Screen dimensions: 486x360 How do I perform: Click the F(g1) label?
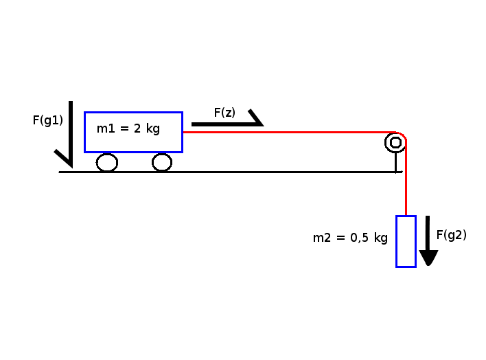(x=48, y=120)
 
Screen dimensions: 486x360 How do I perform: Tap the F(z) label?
(x=224, y=113)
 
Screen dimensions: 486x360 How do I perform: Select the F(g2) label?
(x=451, y=235)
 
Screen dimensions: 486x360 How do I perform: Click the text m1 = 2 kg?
(x=128, y=128)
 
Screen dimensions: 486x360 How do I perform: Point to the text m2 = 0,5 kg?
(x=350, y=238)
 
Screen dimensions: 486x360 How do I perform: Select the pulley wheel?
(x=385, y=143)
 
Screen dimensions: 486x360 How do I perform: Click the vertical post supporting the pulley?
(x=396, y=162)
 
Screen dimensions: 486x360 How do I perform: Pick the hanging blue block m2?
(x=397, y=241)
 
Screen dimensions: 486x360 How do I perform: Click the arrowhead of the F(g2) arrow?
(x=428, y=258)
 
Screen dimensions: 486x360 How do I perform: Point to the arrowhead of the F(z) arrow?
(x=256, y=118)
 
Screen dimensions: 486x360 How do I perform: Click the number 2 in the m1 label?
(x=137, y=128)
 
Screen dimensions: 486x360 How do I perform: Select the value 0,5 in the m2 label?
(x=359, y=238)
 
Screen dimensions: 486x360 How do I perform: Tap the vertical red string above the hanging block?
(x=406, y=177)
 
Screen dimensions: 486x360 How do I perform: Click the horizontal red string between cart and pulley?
(x=289, y=132)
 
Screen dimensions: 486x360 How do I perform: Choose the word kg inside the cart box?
(x=153, y=128)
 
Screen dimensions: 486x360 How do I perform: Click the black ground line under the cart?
(x=231, y=172)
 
